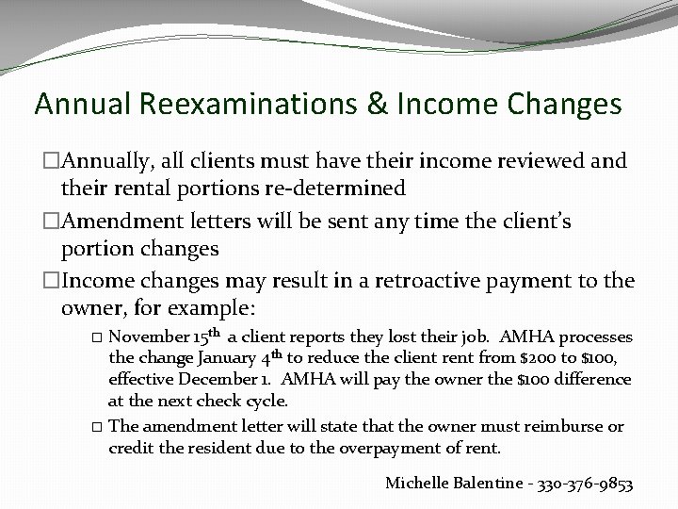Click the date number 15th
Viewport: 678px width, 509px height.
(208, 336)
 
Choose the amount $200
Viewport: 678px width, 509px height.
(533, 358)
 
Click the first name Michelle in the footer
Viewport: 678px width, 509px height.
(419, 484)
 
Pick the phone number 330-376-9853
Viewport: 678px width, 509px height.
(583, 484)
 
